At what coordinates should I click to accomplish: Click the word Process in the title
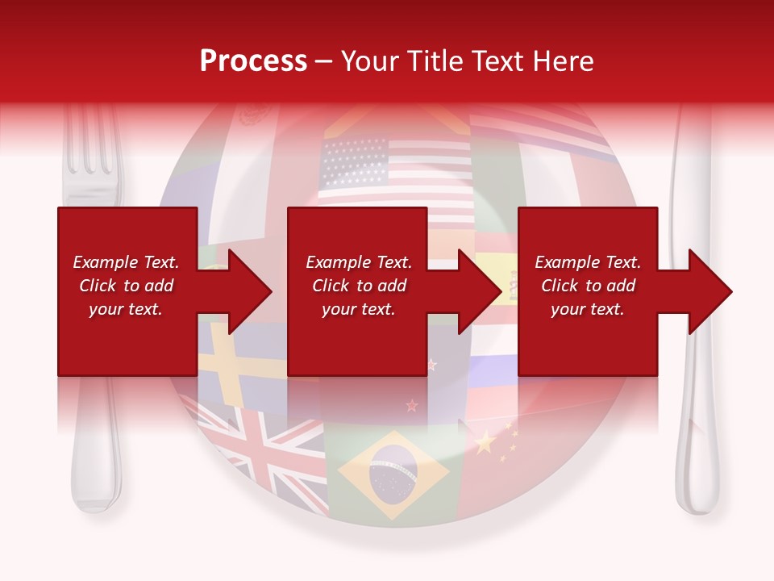[x=253, y=61]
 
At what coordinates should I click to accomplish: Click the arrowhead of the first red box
[x=242, y=291]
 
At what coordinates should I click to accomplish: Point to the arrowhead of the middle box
[x=474, y=291]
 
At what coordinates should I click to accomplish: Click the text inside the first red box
[x=126, y=286]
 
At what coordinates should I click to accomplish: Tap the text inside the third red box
[x=588, y=286]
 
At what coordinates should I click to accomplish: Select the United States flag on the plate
[x=395, y=173]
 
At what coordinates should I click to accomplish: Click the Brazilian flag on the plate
[x=393, y=474]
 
